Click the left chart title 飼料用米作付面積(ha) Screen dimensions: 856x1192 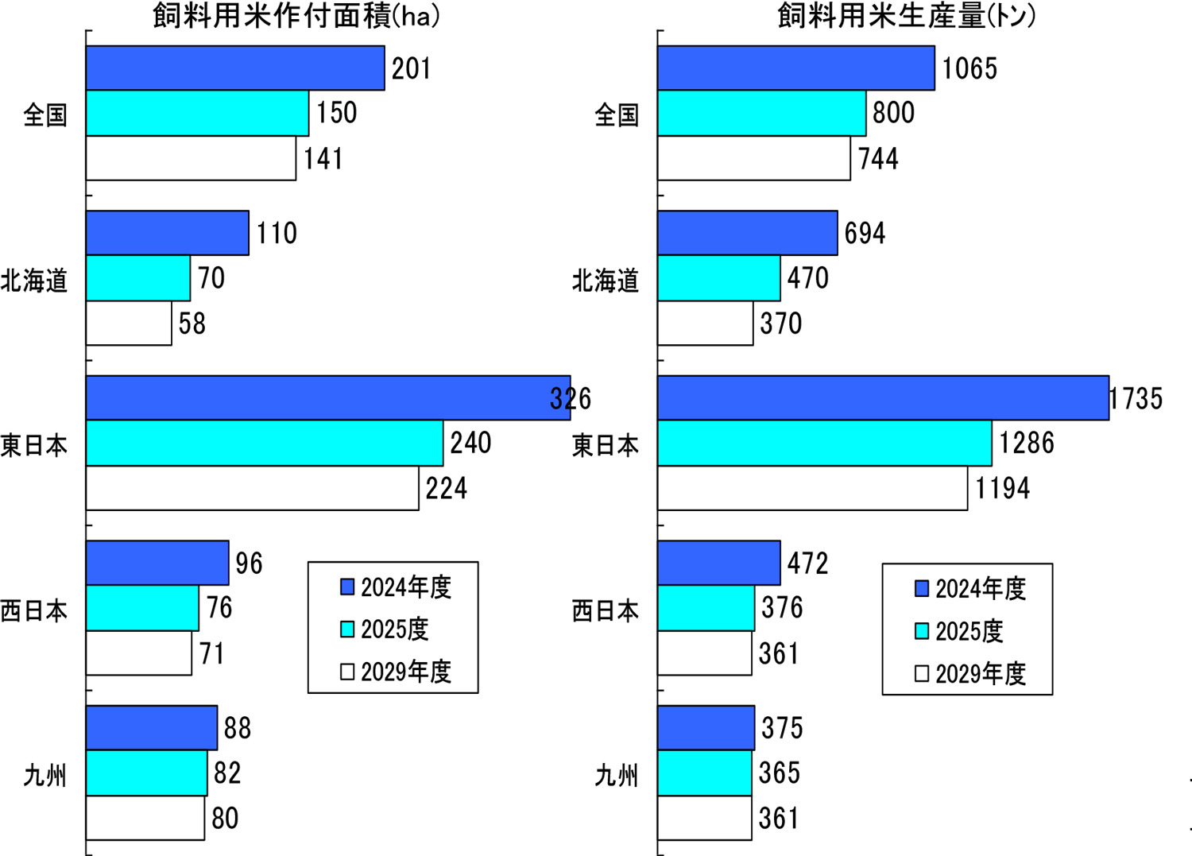point(296,16)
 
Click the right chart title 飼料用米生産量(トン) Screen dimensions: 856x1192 point(906,16)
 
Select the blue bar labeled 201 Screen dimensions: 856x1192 point(235,68)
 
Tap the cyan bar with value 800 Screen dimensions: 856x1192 point(761,114)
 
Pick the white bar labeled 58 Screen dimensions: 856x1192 point(129,323)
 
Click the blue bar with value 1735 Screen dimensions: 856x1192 point(883,398)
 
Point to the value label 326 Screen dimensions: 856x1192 point(571,398)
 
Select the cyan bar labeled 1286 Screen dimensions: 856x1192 point(824,443)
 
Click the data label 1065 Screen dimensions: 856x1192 point(969,69)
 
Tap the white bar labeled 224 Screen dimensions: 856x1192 point(252,488)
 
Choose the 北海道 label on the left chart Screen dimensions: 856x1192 point(34,281)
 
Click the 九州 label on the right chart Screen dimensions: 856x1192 point(617,775)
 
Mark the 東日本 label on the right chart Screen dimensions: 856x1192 point(606,445)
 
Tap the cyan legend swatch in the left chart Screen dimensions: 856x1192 point(347,629)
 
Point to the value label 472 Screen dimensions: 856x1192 point(807,564)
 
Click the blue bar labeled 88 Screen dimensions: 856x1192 point(151,728)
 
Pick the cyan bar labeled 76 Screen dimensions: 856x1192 point(142,608)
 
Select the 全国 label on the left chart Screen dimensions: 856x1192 point(45,115)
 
